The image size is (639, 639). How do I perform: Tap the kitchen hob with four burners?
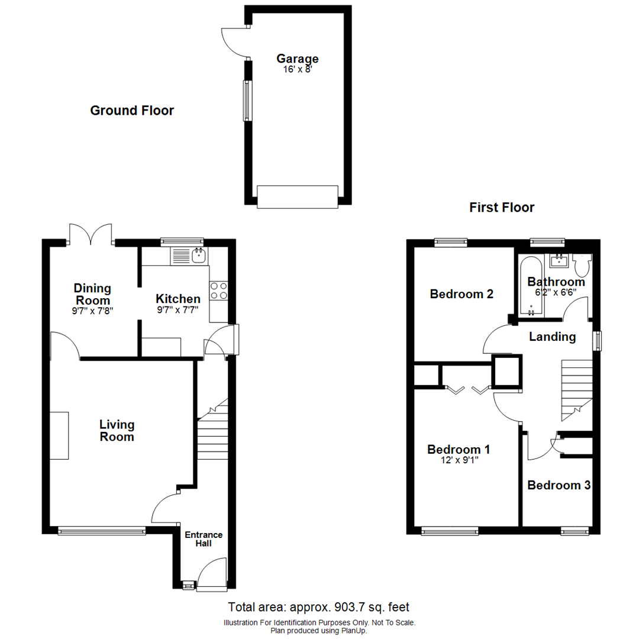(x=218, y=291)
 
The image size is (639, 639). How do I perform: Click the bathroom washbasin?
(x=557, y=260)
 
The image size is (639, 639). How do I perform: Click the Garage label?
(x=298, y=59)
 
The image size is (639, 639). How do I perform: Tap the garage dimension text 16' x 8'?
(x=298, y=69)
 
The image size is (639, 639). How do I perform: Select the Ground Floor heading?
(x=132, y=111)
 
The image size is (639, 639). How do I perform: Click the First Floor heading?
(x=502, y=208)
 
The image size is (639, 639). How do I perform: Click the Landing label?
(x=552, y=337)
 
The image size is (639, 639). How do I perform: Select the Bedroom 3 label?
(x=559, y=486)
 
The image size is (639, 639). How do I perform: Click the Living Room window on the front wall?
(x=102, y=531)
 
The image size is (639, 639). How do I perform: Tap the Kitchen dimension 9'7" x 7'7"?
(x=177, y=309)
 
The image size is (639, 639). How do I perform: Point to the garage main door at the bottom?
(x=298, y=196)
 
